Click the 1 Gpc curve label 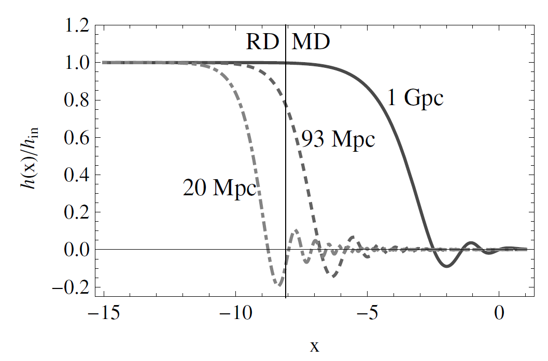pyautogui.click(x=416, y=97)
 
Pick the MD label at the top pyautogui.click(x=311, y=42)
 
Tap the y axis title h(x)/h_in pyautogui.click(x=26, y=161)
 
